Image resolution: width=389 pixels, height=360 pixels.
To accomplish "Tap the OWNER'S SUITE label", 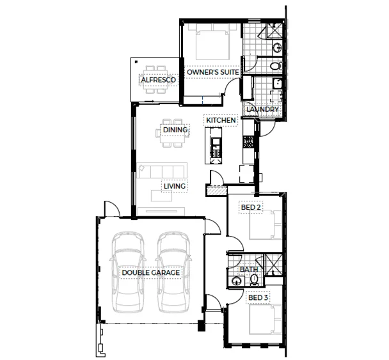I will tap(213, 74).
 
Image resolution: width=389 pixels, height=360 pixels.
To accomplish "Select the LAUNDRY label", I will tap(262, 109).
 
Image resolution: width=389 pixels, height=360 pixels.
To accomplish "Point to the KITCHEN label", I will tap(221, 120).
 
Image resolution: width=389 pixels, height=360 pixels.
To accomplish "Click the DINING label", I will tap(175, 130).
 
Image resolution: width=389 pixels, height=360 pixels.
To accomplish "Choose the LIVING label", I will tap(174, 187).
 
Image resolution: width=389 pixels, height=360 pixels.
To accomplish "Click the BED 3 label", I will tap(258, 299).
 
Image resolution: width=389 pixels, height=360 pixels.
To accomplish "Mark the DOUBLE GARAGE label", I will tap(150, 272).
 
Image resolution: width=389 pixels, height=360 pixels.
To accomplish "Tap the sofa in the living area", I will tap(163, 171).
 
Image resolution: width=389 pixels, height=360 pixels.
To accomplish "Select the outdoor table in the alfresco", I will tap(154, 79).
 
